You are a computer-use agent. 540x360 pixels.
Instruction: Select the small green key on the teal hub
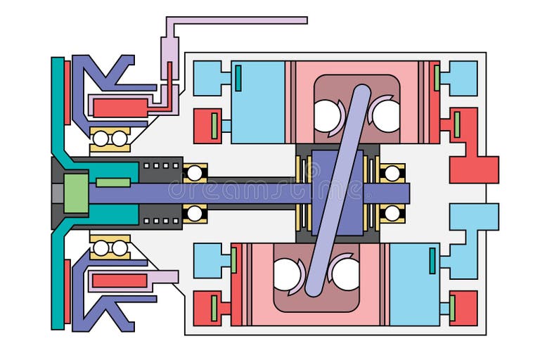[112, 183]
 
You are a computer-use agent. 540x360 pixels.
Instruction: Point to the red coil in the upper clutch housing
[120, 108]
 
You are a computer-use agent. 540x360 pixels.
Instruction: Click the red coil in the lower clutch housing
[120, 281]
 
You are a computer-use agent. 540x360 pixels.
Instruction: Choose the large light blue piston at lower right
[414, 284]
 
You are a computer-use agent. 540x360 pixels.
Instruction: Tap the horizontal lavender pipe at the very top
[239, 20]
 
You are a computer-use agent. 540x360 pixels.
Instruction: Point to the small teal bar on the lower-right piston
[432, 261]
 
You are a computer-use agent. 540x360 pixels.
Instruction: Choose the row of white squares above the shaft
[161, 166]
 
